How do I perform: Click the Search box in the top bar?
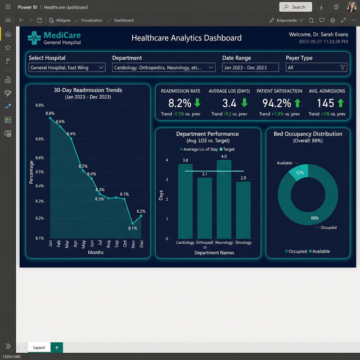295,7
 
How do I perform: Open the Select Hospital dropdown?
67,67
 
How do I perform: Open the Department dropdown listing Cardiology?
164,67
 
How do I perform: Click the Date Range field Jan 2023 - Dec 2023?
250,67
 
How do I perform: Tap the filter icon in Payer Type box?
342,67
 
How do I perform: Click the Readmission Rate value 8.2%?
180,103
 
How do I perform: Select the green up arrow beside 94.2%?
297,103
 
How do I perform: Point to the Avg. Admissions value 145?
325,103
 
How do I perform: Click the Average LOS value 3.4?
229,103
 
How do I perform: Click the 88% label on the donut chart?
314,218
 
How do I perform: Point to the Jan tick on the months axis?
51,244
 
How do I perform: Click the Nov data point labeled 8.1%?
133,223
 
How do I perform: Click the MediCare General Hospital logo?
55,38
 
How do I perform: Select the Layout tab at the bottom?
39,348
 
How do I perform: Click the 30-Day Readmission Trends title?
88,90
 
